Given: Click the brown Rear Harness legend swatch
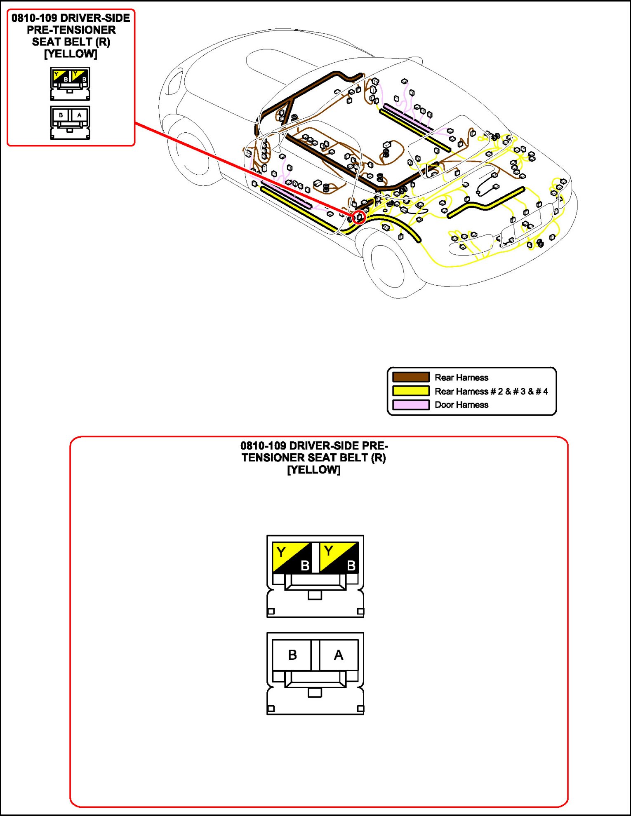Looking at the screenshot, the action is (411, 377).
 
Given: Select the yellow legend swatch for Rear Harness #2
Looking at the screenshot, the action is (411, 391).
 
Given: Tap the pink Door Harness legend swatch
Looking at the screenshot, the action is (411, 405).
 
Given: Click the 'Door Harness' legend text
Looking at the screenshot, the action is (461, 405).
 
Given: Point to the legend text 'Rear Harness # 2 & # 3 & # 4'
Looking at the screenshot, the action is (491, 391).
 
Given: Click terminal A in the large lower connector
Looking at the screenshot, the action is (339, 655).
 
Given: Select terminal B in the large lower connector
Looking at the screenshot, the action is (292, 655).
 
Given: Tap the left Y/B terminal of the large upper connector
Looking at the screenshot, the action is (292, 558).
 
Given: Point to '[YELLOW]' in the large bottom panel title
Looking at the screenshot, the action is (313, 470).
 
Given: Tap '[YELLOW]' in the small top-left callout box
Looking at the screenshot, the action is (71, 54).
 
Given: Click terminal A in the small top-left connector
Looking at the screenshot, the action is (80, 115).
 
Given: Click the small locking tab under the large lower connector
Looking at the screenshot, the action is (315, 692).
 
